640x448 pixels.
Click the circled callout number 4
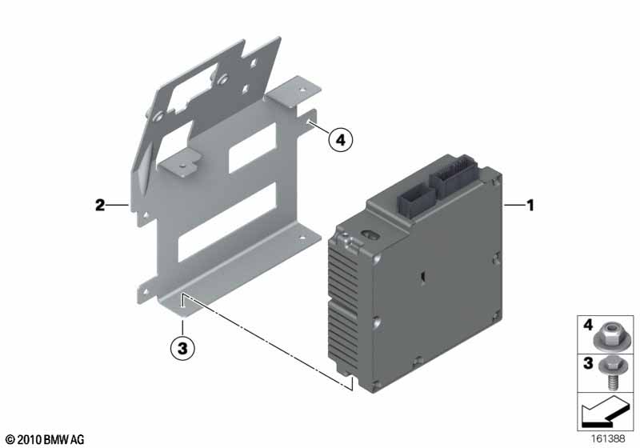pos(340,140)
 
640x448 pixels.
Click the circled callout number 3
pos(182,349)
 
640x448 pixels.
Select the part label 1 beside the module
pos(530,206)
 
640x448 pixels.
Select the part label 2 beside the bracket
pos(100,206)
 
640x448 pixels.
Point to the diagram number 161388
pos(608,438)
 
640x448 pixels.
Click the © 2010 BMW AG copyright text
pos(46,439)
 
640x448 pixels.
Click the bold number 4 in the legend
pos(588,325)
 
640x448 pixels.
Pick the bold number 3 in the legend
pos(588,362)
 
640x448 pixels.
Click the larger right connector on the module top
pos(454,172)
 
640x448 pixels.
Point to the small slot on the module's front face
pos(424,277)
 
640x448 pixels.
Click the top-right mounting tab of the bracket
pos(293,93)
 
